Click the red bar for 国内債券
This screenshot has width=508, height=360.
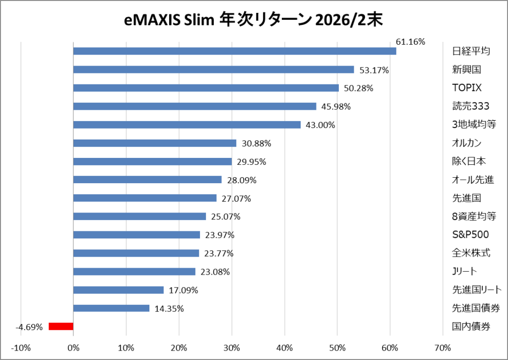[61, 326]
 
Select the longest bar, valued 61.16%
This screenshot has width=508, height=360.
[234, 51]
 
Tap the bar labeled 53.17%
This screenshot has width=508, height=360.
[213, 70]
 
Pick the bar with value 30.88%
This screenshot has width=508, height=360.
[154, 143]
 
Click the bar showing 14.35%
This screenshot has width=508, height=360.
[111, 308]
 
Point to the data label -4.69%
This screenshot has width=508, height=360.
[29, 327]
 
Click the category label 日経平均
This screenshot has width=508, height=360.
[471, 51]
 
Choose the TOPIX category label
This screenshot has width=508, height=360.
[467, 88]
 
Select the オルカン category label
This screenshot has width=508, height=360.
[467, 143]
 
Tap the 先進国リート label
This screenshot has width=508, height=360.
[477, 289]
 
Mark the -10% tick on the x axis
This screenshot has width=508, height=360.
[20, 347]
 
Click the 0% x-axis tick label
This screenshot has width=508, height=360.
[73, 347]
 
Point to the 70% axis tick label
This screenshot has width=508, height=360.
[442, 347]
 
